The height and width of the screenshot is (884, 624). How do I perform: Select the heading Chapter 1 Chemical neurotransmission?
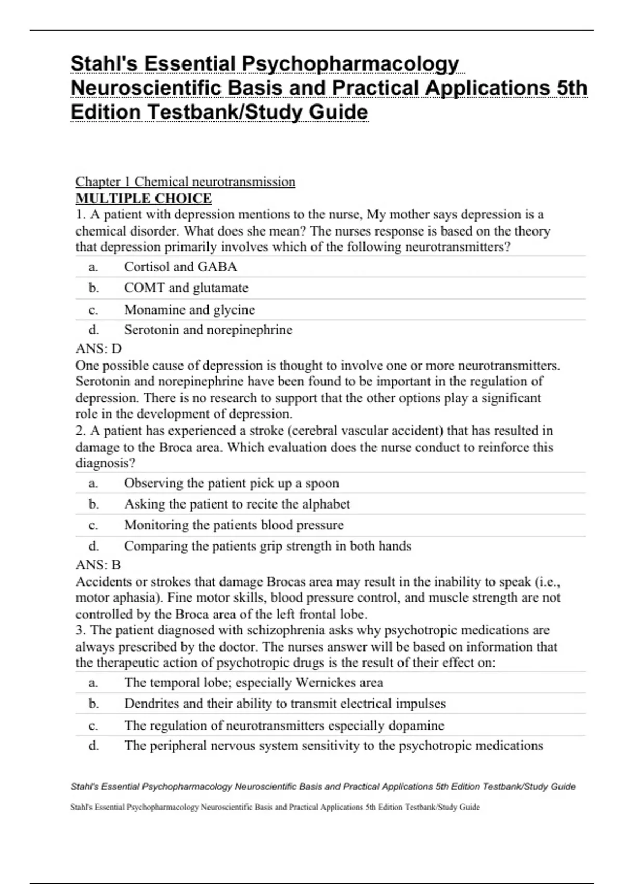click(x=185, y=181)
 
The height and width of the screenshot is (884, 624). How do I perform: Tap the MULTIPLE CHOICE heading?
click(x=144, y=198)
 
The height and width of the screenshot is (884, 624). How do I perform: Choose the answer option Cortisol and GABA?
click(x=180, y=267)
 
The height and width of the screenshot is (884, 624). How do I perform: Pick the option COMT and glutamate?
click(x=186, y=288)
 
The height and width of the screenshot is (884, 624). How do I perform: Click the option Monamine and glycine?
click(x=189, y=309)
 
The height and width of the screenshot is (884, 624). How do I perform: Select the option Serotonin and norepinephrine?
click(x=208, y=330)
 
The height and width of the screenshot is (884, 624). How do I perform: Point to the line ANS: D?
click(x=98, y=348)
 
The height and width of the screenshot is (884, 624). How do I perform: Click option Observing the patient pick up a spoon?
click(x=231, y=483)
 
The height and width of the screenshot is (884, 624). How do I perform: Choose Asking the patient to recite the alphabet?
click(x=237, y=504)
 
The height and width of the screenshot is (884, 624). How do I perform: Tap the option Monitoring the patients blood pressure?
click(x=234, y=525)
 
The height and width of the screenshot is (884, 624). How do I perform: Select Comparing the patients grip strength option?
click(x=268, y=546)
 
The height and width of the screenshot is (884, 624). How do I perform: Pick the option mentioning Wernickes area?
click(x=253, y=682)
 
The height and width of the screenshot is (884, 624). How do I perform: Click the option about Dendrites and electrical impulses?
click(x=285, y=704)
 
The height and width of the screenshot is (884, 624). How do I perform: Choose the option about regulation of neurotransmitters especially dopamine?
click(x=284, y=725)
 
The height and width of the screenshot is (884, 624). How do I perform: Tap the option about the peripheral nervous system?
click(x=333, y=746)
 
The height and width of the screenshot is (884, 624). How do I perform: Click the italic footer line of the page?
click(x=323, y=787)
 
